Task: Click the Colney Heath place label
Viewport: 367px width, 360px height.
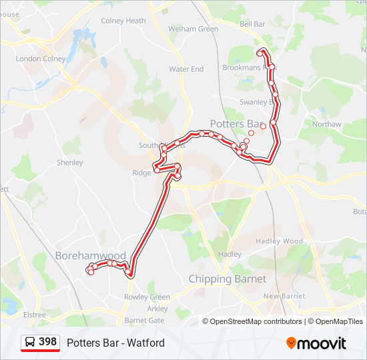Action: [123, 21]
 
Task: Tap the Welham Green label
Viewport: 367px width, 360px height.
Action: [194, 29]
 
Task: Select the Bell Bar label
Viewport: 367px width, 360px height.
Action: [252, 24]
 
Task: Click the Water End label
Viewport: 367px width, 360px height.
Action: [186, 69]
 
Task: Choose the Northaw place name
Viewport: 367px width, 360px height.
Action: [327, 125]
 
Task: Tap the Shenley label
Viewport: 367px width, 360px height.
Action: [70, 163]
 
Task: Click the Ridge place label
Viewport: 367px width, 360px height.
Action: [141, 173]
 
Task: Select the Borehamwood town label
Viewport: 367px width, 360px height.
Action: [91, 255]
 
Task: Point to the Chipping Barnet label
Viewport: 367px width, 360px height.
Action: [228, 279]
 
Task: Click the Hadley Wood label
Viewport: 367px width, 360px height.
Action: [284, 241]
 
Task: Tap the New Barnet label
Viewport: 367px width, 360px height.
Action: [284, 296]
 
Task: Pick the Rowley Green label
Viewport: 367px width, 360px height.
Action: [147, 297]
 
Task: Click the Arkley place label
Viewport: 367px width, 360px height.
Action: [157, 309]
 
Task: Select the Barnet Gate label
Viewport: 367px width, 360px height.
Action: [145, 320]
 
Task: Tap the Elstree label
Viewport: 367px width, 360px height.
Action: [35, 315]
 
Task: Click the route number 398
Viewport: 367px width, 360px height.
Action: [48, 342]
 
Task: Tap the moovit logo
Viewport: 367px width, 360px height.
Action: [316, 343]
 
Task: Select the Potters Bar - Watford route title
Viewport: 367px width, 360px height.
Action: [115, 343]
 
